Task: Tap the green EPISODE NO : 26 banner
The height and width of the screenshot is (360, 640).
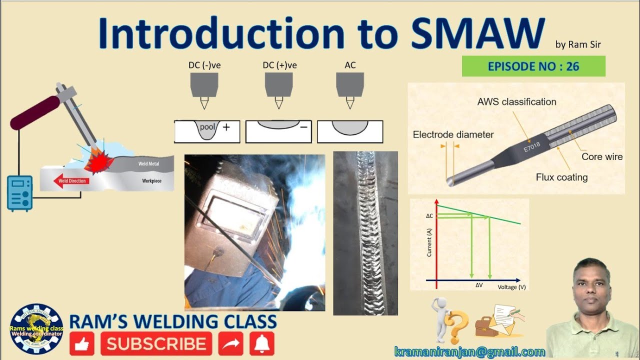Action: (533, 66)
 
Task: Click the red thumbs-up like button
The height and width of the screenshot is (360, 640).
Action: (82, 343)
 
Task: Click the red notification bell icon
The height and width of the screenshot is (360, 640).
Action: (262, 343)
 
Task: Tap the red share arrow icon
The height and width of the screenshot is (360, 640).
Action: (231, 343)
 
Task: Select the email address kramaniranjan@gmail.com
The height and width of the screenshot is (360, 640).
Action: (469, 351)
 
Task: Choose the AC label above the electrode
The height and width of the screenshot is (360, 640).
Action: (350, 65)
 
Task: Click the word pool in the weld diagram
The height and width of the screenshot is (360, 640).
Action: (207, 127)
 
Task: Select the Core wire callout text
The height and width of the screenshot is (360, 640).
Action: (602, 156)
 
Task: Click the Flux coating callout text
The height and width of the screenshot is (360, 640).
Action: (561, 177)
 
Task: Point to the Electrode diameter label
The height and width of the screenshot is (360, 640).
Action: (453, 134)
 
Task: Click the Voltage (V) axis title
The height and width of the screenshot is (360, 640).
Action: (511, 287)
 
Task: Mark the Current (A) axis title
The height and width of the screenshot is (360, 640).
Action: (429, 242)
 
